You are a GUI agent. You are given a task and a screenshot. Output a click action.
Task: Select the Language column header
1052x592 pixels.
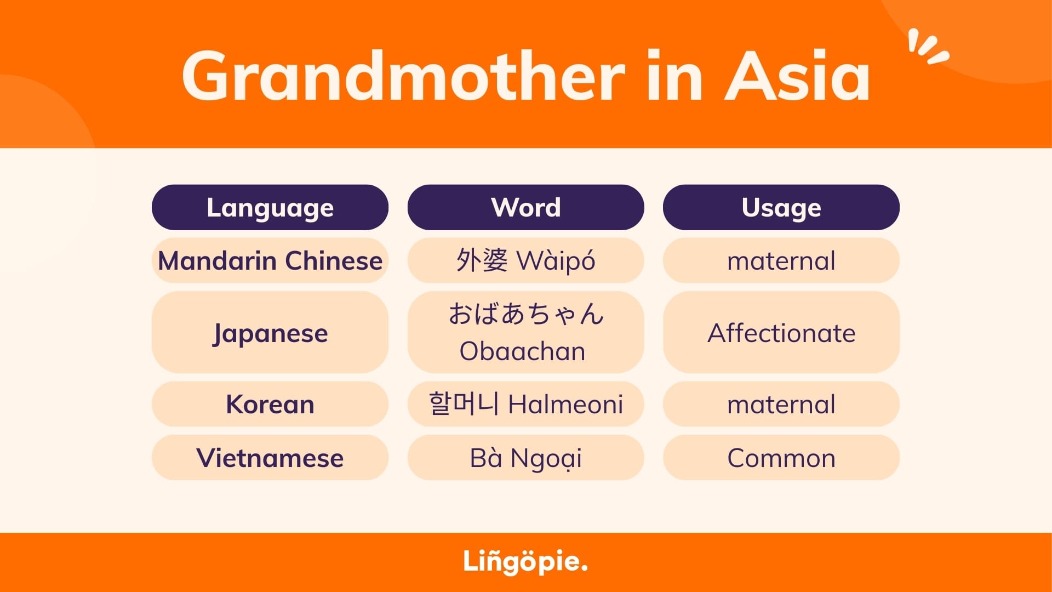[x=270, y=207]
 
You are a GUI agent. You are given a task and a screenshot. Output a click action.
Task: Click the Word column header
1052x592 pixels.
[x=525, y=207]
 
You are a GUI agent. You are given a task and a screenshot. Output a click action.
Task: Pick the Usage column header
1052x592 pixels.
[x=781, y=207]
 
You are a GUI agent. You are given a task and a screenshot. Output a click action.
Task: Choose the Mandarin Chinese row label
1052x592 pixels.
[x=270, y=260]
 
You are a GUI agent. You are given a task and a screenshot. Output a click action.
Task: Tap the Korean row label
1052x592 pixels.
[x=270, y=404]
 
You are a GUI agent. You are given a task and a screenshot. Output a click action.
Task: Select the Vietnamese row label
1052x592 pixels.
[x=270, y=458]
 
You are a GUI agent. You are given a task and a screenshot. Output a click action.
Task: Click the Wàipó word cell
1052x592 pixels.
[x=525, y=260]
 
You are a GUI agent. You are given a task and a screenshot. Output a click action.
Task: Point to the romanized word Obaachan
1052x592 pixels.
[x=522, y=351]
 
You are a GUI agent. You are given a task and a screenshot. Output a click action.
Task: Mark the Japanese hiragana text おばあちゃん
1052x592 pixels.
[x=526, y=314]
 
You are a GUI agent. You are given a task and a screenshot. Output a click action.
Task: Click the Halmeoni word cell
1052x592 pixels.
[x=525, y=404]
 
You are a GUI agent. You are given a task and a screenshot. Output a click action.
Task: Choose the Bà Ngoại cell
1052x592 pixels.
[x=525, y=458]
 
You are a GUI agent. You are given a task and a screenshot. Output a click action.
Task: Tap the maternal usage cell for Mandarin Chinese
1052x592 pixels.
[x=781, y=260]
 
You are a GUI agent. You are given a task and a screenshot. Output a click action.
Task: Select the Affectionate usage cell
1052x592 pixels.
[x=781, y=332]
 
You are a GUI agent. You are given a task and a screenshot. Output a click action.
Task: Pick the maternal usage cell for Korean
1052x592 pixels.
[x=781, y=404]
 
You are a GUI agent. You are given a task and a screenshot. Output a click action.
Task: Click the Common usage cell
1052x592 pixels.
[x=781, y=458]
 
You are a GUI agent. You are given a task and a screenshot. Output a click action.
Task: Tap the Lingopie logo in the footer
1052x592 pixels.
[x=525, y=562]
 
